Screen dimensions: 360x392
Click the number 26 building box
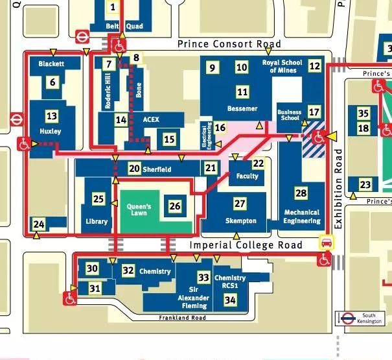[x=174, y=206]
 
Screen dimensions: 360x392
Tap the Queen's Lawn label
[x=139, y=210]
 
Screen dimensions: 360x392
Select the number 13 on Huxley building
[x=52, y=116]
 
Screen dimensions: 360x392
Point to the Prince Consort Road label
[x=229, y=44]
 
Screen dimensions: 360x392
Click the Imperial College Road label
[x=246, y=245]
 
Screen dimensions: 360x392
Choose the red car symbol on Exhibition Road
[x=327, y=243]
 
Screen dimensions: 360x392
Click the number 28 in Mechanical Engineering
[x=301, y=193]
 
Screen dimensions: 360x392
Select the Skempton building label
[x=240, y=221]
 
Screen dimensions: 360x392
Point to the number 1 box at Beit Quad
[x=113, y=7]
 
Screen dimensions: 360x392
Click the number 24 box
[x=39, y=224]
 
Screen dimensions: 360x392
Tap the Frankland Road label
[x=182, y=318]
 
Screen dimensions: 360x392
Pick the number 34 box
[x=229, y=299]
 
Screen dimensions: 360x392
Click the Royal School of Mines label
[x=282, y=66]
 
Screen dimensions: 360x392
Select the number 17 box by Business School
[x=314, y=112]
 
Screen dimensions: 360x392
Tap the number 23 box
[x=365, y=185]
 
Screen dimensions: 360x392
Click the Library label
[x=97, y=221]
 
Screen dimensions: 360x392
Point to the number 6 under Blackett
[x=52, y=82]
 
